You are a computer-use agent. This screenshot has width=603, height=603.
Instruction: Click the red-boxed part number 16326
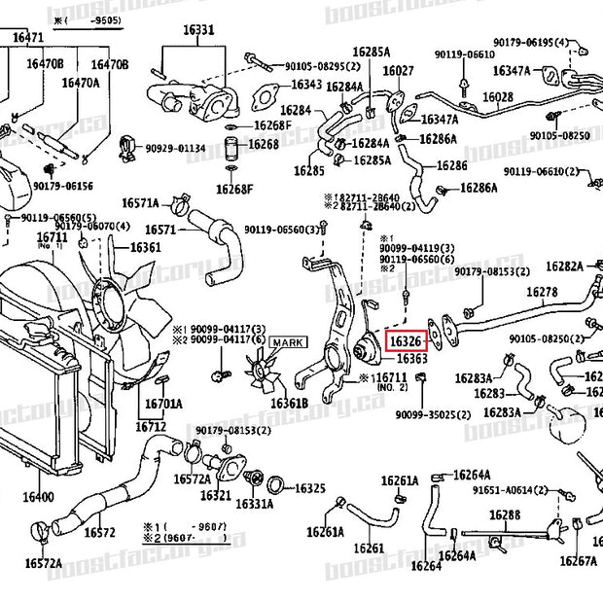coord(406,341)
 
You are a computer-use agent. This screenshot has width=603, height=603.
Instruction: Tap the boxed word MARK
coord(288,341)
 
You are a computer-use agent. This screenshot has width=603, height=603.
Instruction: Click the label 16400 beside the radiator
coord(38,497)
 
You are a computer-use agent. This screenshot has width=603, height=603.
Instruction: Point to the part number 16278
coord(543,292)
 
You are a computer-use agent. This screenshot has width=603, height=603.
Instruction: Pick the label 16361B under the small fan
coord(289,403)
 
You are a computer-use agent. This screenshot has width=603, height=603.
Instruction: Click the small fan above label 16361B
coord(260,374)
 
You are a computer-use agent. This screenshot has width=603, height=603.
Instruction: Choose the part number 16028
coord(498,97)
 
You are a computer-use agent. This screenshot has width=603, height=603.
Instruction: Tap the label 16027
coord(398,71)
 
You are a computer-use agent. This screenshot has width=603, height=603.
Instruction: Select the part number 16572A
coord(44,563)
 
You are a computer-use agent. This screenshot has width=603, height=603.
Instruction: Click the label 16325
coord(309,488)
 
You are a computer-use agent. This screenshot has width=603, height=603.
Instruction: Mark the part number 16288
coord(505,514)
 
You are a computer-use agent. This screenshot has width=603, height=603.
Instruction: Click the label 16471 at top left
coord(28,37)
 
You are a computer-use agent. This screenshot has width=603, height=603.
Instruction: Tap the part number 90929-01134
coord(176,148)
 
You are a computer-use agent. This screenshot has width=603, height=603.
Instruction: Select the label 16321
coord(216,495)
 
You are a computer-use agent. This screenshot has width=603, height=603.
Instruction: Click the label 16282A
coord(564,266)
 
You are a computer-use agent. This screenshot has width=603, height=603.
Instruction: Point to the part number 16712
coord(151,426)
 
